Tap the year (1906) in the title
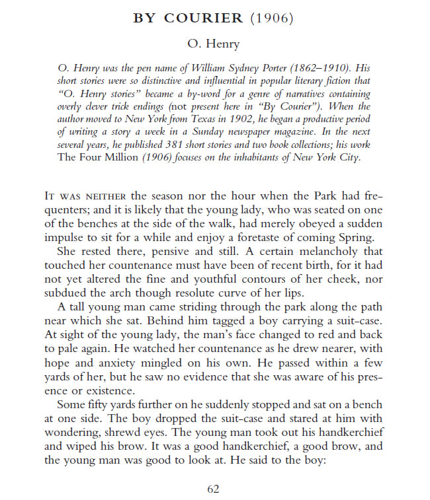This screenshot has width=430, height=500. (x=272, y=18)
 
